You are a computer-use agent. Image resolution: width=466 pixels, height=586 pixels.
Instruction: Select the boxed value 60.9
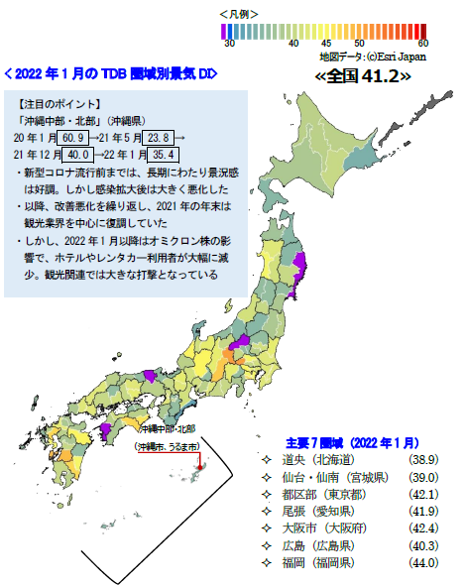(74, 138)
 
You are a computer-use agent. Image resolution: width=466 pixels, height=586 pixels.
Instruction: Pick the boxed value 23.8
(160, 138)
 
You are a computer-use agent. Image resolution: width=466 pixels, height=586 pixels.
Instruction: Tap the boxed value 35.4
(162, 155)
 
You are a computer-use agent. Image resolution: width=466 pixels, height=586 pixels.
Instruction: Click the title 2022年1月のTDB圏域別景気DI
(110, 74)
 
